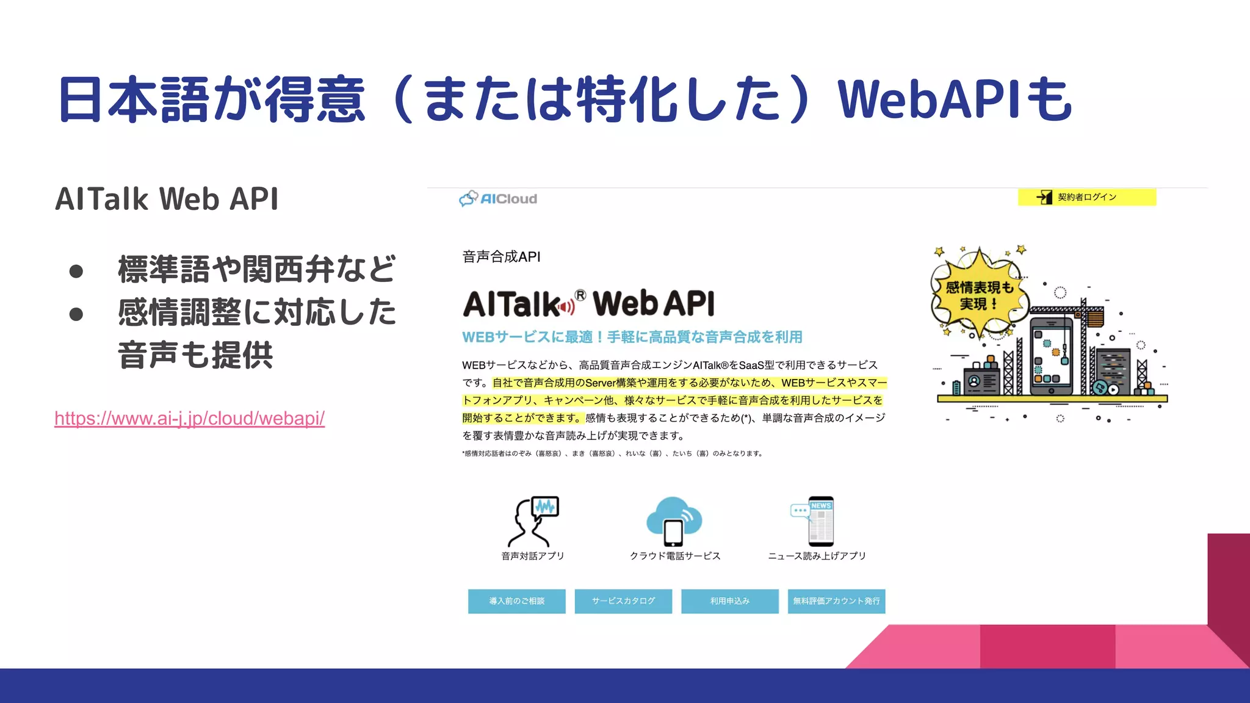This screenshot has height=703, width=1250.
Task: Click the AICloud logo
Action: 498,198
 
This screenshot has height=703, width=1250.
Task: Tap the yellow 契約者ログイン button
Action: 1086,197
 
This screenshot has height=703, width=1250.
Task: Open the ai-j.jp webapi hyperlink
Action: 189,419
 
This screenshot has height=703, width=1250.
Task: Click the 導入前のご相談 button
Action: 516,601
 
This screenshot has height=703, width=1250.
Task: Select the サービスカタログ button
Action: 623,601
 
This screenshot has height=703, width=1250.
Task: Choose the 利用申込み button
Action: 729,601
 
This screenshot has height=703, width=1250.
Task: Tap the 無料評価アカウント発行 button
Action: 836,601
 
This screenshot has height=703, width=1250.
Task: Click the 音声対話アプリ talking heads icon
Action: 533,522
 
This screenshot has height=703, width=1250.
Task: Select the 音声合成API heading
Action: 501,257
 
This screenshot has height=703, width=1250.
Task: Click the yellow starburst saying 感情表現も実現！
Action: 978,295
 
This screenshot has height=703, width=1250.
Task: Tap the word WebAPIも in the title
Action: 954,99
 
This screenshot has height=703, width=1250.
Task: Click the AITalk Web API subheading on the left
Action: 167,199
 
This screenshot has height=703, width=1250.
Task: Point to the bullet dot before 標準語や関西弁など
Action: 76,271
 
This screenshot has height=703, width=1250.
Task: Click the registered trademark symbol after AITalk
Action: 580,295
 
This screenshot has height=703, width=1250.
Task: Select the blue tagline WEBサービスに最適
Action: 632,337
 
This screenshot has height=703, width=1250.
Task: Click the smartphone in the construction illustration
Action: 1051,354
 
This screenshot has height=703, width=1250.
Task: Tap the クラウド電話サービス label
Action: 675,556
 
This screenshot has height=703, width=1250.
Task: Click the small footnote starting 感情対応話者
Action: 612,453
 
